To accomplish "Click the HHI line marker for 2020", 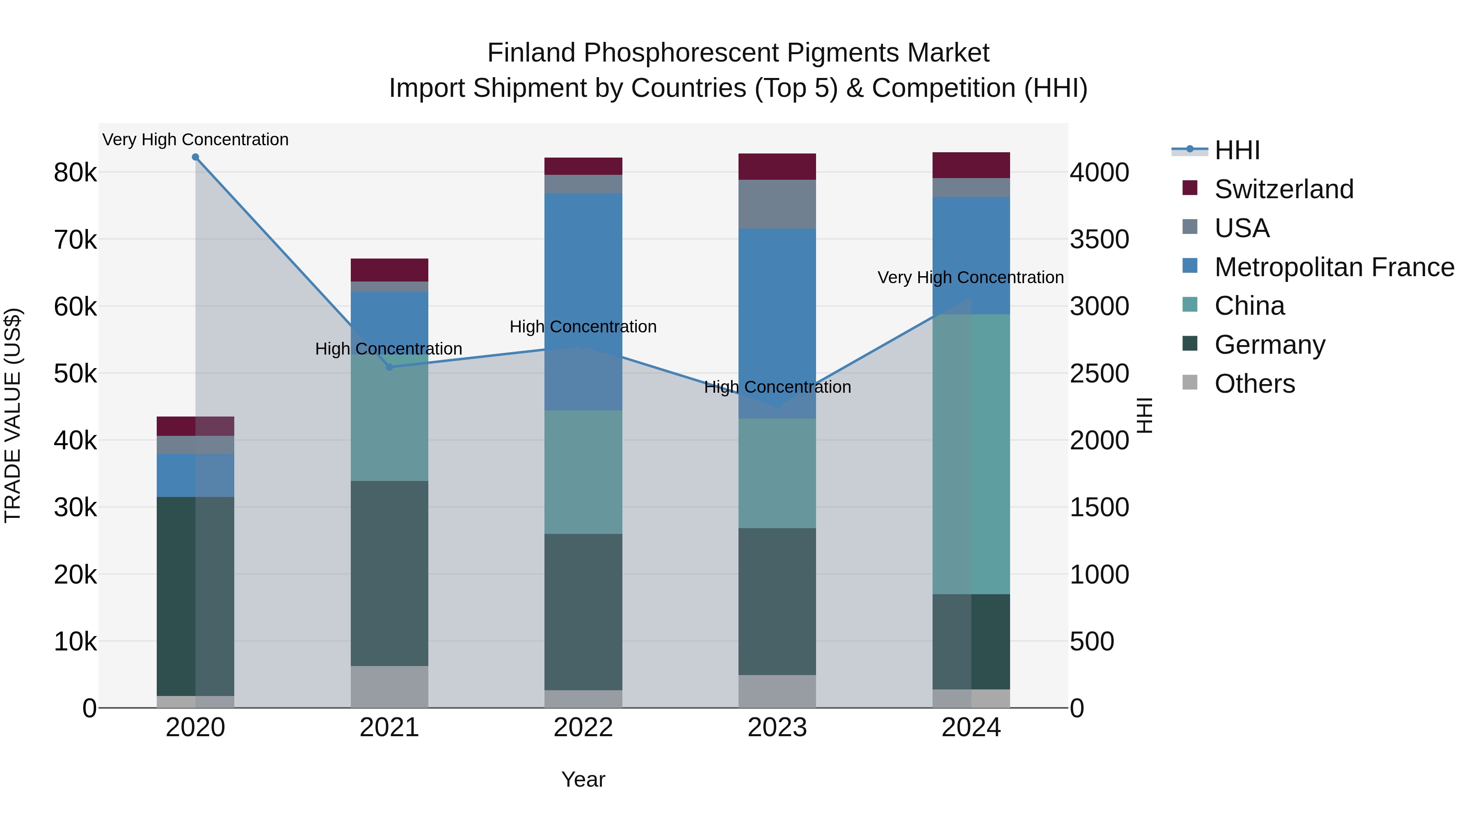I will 196,157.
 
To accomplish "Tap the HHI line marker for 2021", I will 389,367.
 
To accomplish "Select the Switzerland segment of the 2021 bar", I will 389,270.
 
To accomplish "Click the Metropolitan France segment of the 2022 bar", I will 583,302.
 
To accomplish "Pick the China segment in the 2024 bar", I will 971,454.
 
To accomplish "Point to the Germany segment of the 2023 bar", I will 777,601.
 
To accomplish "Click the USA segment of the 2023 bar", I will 777,204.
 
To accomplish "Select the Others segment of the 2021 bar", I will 389,687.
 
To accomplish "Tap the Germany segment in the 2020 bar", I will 196,596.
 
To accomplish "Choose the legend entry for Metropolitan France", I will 1334,267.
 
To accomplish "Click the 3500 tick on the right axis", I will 1099,240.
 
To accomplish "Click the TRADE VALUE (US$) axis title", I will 13,415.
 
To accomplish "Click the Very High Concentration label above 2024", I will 970,277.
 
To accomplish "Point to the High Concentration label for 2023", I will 777,387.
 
